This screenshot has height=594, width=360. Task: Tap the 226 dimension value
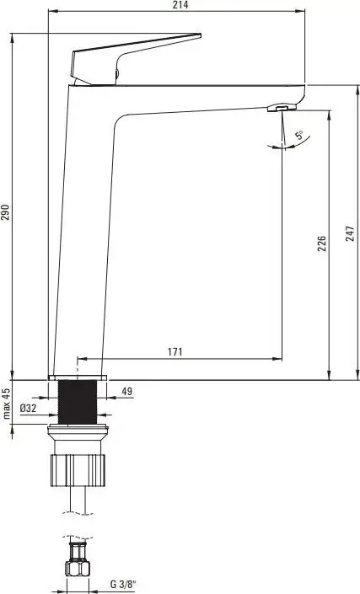(321, 244)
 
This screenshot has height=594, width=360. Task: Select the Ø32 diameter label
(29, 409)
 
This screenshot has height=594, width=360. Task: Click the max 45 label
(6, 404)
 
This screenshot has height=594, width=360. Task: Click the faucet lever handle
(126, 55)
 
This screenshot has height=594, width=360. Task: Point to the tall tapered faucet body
(84, 236)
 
